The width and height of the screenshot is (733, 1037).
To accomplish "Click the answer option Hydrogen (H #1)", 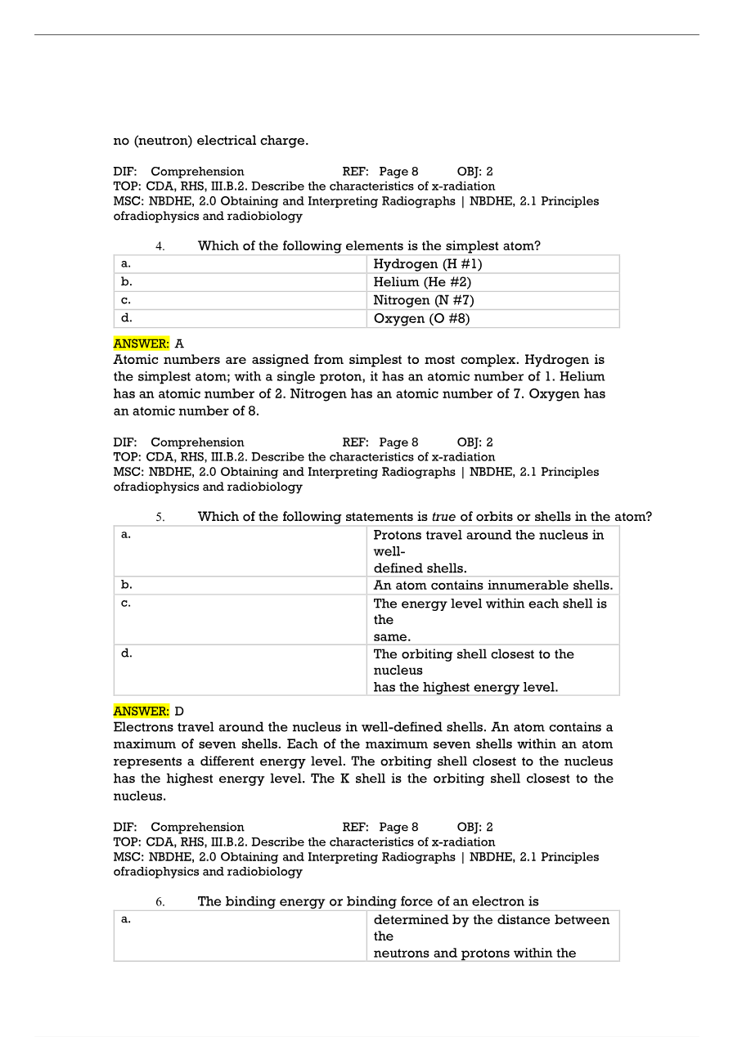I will click(427, 264).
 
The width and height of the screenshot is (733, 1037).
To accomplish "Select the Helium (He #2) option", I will click(422, 282).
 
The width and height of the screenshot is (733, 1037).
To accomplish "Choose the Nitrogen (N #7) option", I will click(424, 300).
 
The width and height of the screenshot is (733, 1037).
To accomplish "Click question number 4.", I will click(160, 246).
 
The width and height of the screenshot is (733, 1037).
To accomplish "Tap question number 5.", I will click(160, 517).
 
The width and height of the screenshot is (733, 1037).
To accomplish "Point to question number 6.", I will click(160, 902).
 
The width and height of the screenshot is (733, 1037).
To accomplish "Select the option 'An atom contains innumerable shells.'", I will click(492, 586).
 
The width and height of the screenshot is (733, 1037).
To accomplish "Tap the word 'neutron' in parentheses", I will click(162, 141).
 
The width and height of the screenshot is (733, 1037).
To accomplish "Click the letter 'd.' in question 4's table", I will click(126, 317).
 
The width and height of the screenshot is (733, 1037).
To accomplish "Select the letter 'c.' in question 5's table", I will click(125, 603).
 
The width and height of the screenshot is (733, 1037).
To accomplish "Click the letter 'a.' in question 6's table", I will click(125, 919).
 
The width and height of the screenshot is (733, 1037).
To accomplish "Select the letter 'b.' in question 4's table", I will click(126, 281).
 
